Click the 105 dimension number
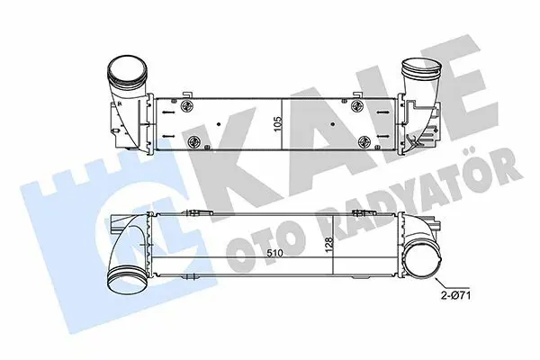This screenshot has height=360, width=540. [x=278, y=123]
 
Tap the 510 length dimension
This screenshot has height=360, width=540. [x=275, y=253]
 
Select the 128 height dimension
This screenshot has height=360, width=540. [x=329, y=246]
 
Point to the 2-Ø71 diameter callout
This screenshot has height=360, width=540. [x=456, y=295]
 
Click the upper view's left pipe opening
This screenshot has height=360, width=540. [x=128, y=69]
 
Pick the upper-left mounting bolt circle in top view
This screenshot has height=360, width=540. [x=188, y=106]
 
